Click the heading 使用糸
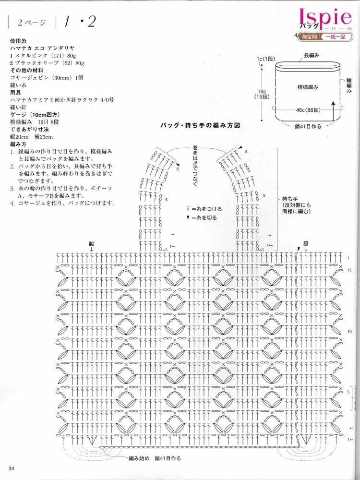[x=20, y=42]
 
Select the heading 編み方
[x=20, y=144]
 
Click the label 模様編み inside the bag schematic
[x=308, y=87]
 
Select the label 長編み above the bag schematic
[x=312, y=56]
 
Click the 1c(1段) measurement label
[x=265, y=59]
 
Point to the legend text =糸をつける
[x=203, y=209]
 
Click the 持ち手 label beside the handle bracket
[x=290, y=199]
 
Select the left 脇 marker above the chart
[x=91, y=243]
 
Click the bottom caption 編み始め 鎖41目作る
[x=155, y=458]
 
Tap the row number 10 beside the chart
[x=349, y=332]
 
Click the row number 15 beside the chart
[x=349, y=270]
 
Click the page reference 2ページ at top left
[x=32, y=22]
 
